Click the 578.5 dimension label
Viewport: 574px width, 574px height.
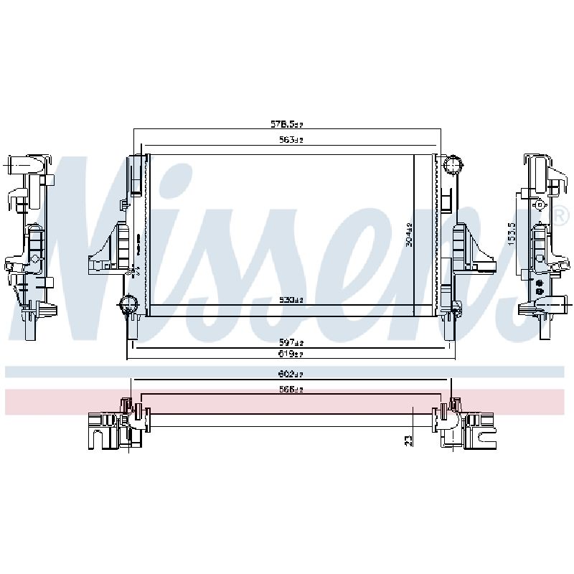[x=287, y=125]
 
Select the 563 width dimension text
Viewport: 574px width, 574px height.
[x=291, y=140]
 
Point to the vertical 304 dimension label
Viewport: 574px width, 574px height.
[x=408, y=235]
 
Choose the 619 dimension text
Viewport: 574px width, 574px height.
[x=291, y=354]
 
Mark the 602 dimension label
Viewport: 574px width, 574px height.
[x=291, y=374]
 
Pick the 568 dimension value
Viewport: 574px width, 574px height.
[x=291, y=389]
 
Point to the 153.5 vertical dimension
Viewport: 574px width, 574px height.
[x=512, y=234]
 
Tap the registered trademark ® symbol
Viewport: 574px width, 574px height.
[x=557, y=214]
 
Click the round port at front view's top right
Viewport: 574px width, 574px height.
[x=452, y=166]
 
